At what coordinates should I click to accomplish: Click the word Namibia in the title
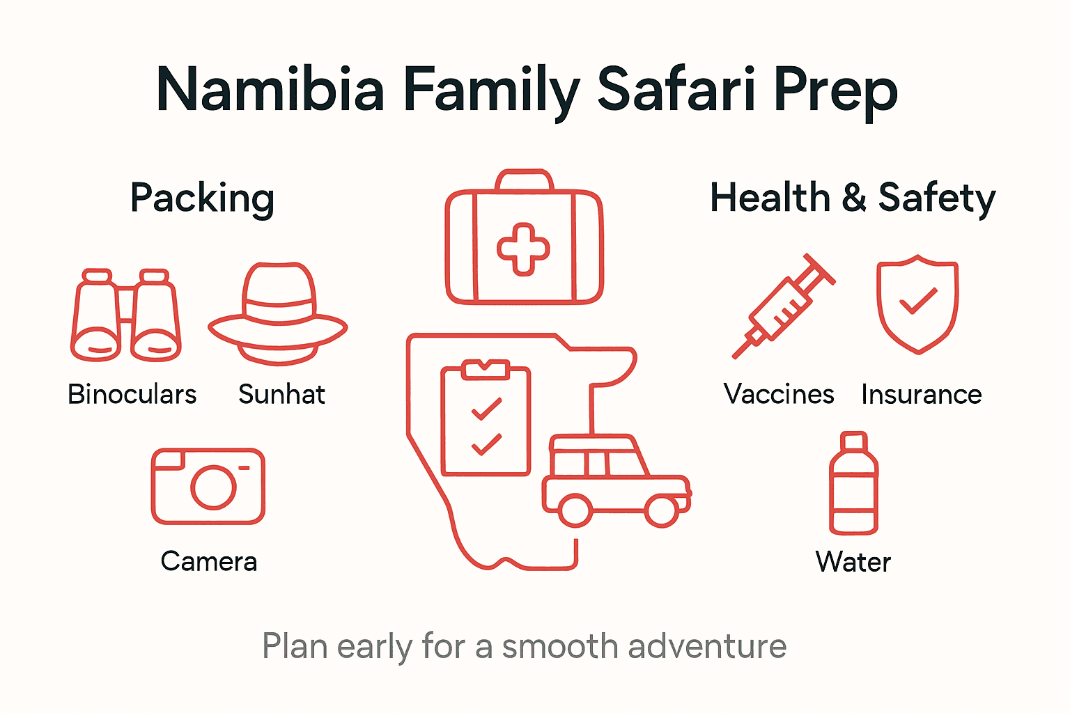270,91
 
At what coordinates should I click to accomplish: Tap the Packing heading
202,198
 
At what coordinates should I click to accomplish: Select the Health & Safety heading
853,198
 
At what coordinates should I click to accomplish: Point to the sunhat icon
278,314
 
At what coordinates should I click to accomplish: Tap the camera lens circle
213,487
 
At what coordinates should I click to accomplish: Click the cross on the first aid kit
523,249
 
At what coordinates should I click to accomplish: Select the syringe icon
784,306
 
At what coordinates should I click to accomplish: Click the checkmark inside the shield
918,301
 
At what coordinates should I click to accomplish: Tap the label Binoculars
132,395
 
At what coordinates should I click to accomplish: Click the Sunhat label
281,395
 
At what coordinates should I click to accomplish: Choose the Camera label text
209,562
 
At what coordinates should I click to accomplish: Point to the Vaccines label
779,395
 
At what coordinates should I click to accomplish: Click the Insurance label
922,395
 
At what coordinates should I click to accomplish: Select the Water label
853,562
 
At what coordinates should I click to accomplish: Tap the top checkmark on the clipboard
486,409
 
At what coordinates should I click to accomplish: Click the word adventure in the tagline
707,647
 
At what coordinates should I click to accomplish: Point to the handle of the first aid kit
524,180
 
